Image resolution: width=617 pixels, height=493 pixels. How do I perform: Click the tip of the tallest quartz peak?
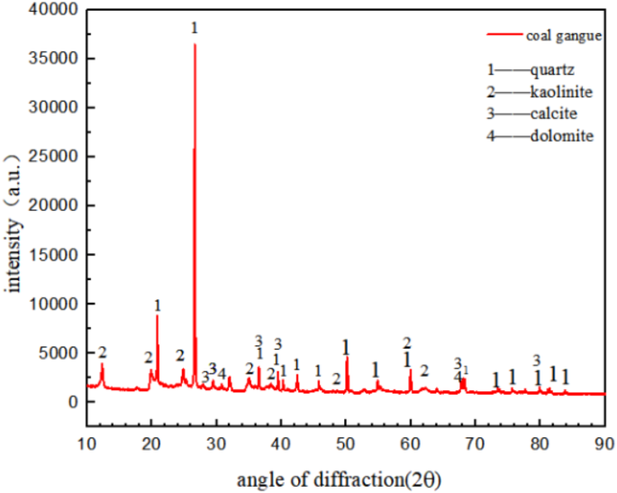195,44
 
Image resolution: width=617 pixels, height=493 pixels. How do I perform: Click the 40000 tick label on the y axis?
57,10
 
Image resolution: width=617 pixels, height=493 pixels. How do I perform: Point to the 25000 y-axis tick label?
57,157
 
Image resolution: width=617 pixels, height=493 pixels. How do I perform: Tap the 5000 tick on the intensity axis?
61,353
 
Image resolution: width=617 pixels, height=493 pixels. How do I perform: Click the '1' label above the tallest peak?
195,29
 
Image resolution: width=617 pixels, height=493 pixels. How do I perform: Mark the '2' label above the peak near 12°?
103,352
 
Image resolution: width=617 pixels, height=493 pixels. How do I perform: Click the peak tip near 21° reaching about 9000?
158,315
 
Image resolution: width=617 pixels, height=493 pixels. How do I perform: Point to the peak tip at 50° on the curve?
347,359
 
